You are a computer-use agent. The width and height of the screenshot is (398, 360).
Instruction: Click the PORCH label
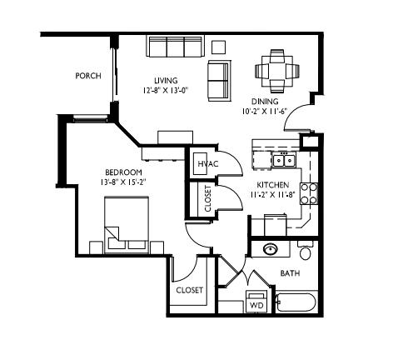pos(87,76)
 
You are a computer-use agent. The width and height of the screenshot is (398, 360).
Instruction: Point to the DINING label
pos(266,102)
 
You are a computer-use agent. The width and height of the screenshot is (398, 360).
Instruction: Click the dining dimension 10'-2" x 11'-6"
pos(266,111)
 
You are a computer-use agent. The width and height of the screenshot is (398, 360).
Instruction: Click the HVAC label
pos(207,164)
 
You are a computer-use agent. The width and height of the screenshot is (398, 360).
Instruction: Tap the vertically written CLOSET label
pos(207,197)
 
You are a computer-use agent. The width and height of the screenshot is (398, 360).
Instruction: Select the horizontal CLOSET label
pos(189,290)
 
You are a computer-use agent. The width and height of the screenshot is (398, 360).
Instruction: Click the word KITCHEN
pos(272,185)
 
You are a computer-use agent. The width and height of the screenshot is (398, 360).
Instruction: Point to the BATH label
pos(290,273)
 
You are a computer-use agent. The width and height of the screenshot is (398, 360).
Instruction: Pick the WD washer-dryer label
pos(256,306)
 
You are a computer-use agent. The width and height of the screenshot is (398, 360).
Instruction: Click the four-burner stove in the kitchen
pos(309,193)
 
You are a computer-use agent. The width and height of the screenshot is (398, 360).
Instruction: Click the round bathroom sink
pos(271,248)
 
